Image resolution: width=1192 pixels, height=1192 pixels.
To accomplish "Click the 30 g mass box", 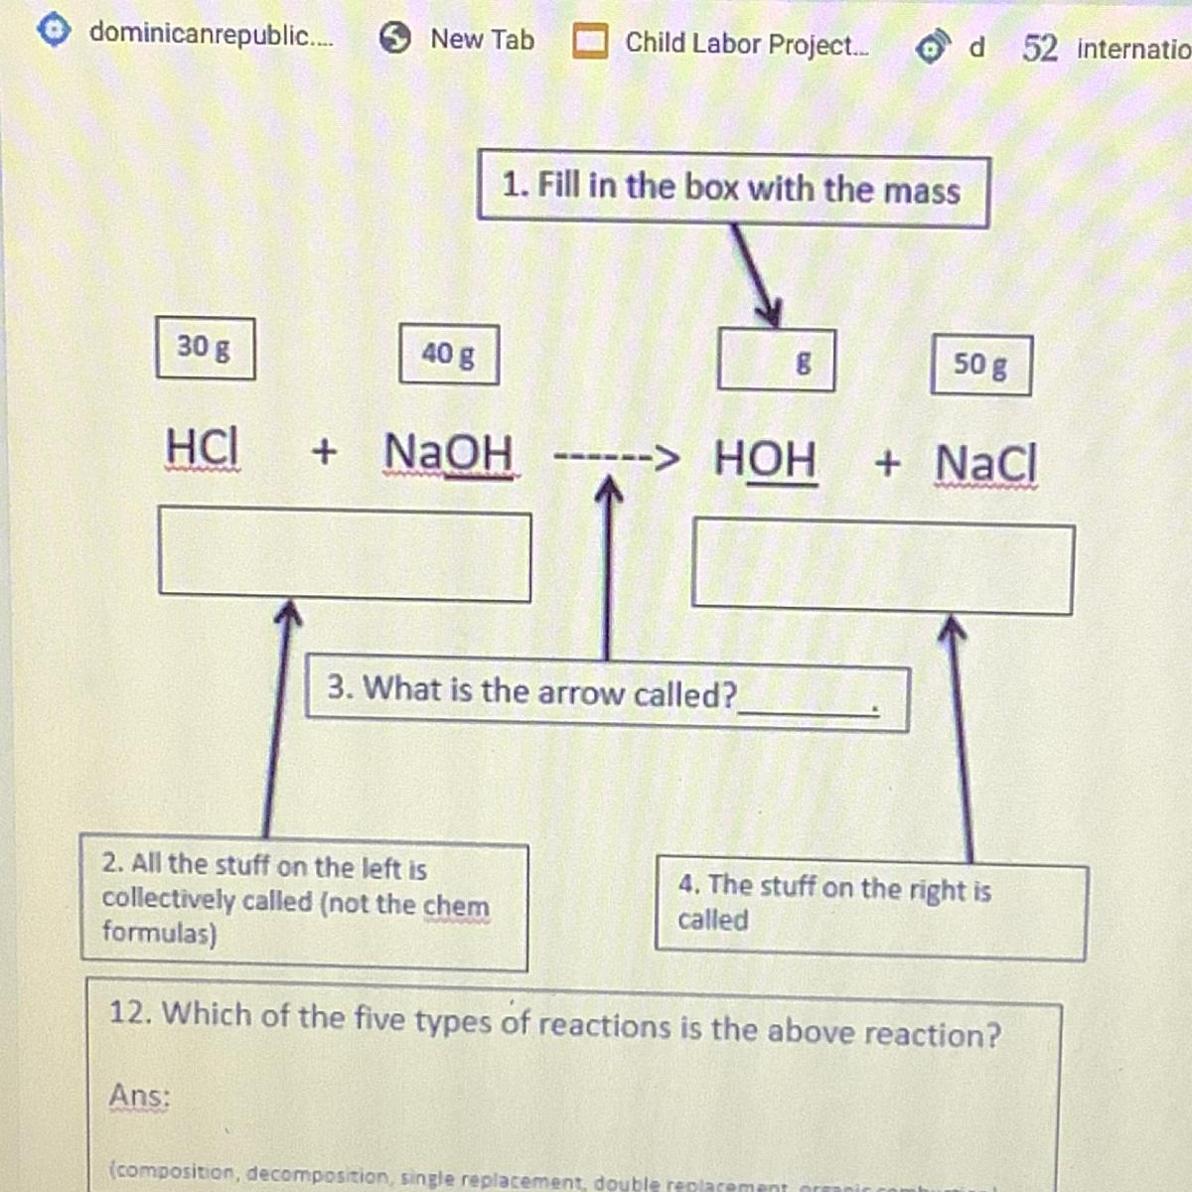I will pyautogui.click(x=205, y=348).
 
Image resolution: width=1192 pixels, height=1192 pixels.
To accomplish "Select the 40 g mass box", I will pyautogui.click(x=448, y=354).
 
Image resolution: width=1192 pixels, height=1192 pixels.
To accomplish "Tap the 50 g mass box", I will pyautogui.click(x=980, y=365).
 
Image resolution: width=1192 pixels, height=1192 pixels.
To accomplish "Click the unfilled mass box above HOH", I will pyautogui.click(x=775, y=361).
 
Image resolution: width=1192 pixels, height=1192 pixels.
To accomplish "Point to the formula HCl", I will pyautogui.click(x=202, y=447).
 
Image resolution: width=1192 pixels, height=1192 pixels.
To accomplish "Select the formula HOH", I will pyautogui.click(x=766, y=459).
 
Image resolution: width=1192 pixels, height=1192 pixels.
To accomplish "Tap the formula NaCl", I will pyautogui.click(x=985, y=463).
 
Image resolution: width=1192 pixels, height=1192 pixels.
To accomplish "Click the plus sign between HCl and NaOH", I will pyautogui.click(x=324, y=452).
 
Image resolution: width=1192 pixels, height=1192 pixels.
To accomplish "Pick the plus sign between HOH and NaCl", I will pyautogui.click(x=887, y=462).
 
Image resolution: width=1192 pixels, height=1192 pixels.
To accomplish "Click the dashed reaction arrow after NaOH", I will pyautogui.click(x=616, y=459).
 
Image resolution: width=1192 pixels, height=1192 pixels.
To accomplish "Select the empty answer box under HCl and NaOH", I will pyautogui.click(x=344, y=555).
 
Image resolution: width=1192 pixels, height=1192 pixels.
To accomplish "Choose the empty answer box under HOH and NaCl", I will pyautogui.click(x=882, y=568).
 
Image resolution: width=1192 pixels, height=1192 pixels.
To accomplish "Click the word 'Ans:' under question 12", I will pyautogui.click(x=139, y=1097).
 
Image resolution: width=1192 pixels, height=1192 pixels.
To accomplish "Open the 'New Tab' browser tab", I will pyautogui.click(x=482, y=40).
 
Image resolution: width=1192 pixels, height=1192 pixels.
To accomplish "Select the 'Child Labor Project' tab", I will pyautogui.click(x=745, y=44).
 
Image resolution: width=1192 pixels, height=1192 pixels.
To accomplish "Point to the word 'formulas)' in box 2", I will pyautogui.click(x=159, y=933).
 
